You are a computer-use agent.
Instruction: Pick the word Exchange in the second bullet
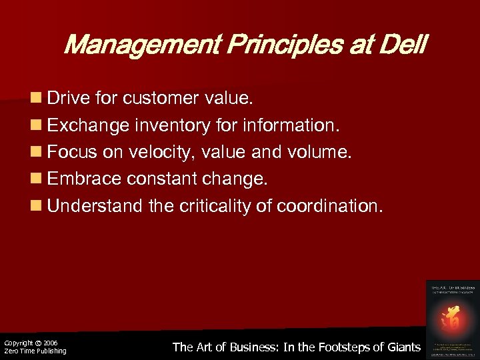87,126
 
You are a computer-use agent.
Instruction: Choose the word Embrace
84,179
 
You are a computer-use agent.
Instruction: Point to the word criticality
216,206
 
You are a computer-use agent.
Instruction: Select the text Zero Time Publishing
35,351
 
